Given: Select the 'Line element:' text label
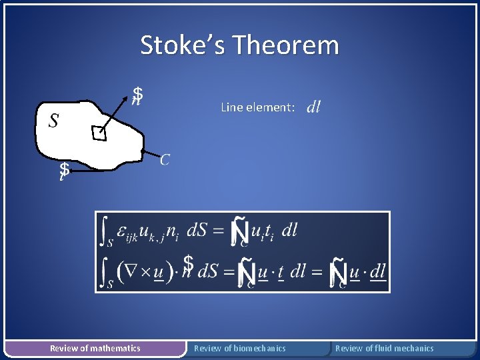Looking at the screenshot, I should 257,107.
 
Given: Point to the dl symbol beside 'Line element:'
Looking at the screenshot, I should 313,107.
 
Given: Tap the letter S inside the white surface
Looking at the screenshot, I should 53,121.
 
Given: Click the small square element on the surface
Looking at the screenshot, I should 99,134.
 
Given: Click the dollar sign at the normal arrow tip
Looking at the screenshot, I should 137,95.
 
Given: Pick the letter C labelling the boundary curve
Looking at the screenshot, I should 165,159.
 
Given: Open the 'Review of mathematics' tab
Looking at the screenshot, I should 95,348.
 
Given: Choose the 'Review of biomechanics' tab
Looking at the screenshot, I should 239,348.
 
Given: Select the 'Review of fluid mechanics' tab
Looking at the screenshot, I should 384,348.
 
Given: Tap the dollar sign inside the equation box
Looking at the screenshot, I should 189,263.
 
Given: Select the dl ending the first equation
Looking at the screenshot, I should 289,231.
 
